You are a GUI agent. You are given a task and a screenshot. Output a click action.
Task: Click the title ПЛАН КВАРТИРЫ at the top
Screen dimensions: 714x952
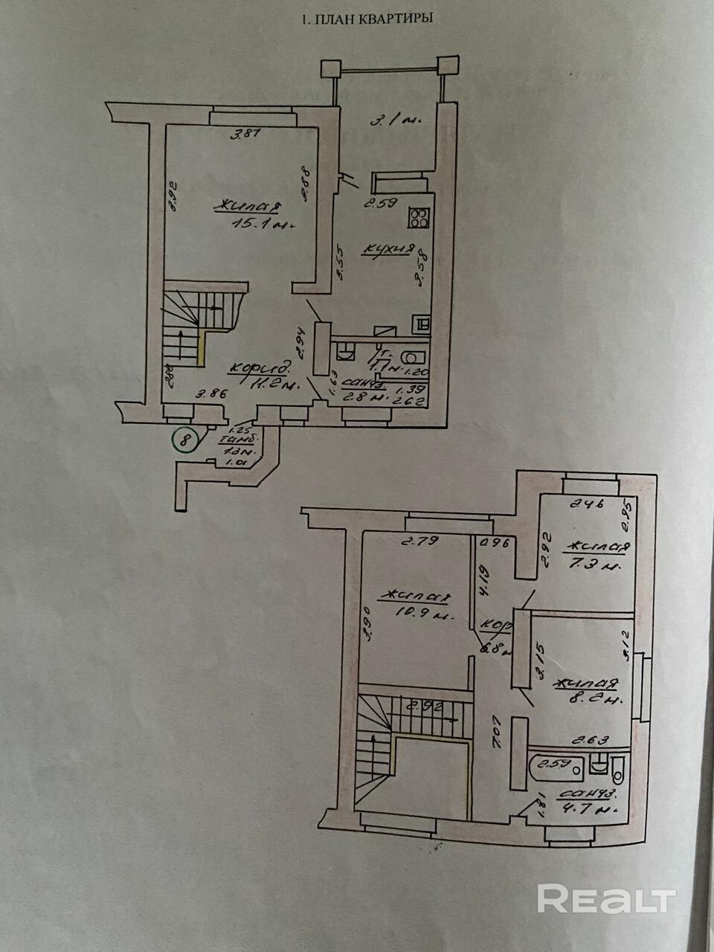(x=366, y=20)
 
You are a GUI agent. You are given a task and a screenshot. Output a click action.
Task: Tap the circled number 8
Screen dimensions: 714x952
(x=184, y=440)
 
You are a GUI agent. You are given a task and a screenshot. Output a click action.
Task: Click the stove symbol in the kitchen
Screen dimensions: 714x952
(x=419, y=217)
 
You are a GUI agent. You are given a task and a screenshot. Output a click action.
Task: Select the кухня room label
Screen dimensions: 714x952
(x=387, y=250)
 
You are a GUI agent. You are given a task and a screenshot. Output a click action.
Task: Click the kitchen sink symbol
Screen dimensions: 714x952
(x=419, y=324)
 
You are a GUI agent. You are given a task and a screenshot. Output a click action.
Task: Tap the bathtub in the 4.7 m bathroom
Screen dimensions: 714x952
(x=553, y=764)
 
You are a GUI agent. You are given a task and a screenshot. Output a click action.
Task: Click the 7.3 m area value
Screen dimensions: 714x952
(x=595, y=567)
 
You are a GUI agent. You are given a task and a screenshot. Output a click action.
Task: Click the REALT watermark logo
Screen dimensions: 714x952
(x=606, y=899)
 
